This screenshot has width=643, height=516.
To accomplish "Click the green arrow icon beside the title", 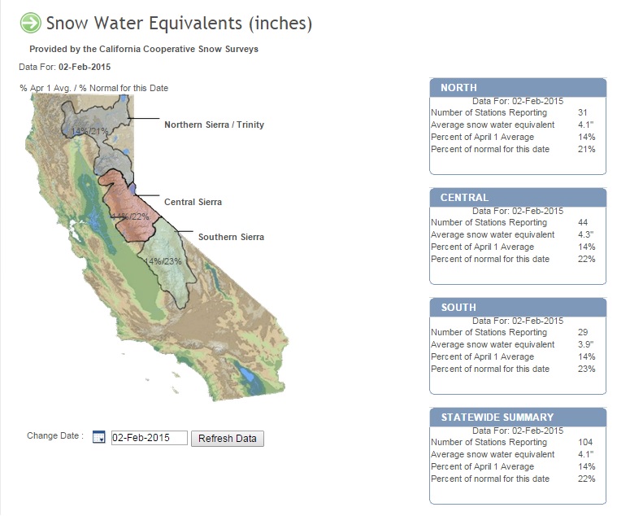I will click(30, 23).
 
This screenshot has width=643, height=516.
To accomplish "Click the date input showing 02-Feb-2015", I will click(149, 438).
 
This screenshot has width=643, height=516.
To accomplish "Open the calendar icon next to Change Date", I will click(99, 438).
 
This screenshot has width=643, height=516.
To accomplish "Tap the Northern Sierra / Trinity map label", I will click(214, 125).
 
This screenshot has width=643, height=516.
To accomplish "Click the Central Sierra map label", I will click(193, 202).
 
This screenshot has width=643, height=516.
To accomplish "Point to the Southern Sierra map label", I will click(231, 237).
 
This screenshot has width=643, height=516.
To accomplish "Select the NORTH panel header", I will click(517, 87).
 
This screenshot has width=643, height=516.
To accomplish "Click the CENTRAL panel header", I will click(517, 197).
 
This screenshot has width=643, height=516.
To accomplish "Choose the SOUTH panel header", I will click(517, 307).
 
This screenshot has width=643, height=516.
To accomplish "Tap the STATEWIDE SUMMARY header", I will click(517, 417).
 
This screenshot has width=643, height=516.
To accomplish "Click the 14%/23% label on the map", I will click(163, 261).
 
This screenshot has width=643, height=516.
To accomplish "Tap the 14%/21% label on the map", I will click(89, 131).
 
